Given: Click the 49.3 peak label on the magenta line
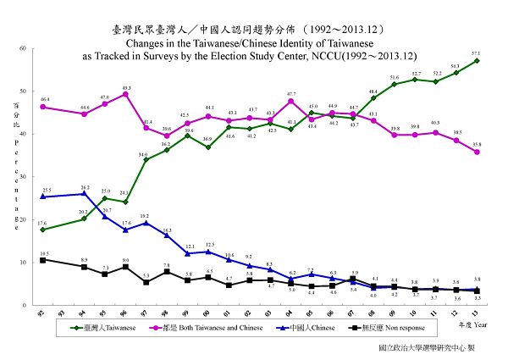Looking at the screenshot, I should coord(126,87).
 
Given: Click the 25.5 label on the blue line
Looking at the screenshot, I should coord(47,191).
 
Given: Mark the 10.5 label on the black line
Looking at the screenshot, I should coord(44,253).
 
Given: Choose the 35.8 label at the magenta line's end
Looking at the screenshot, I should coord(478,145).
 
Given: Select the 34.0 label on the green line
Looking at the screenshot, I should coord(143,154).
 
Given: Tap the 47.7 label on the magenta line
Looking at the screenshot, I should coord(290,94).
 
